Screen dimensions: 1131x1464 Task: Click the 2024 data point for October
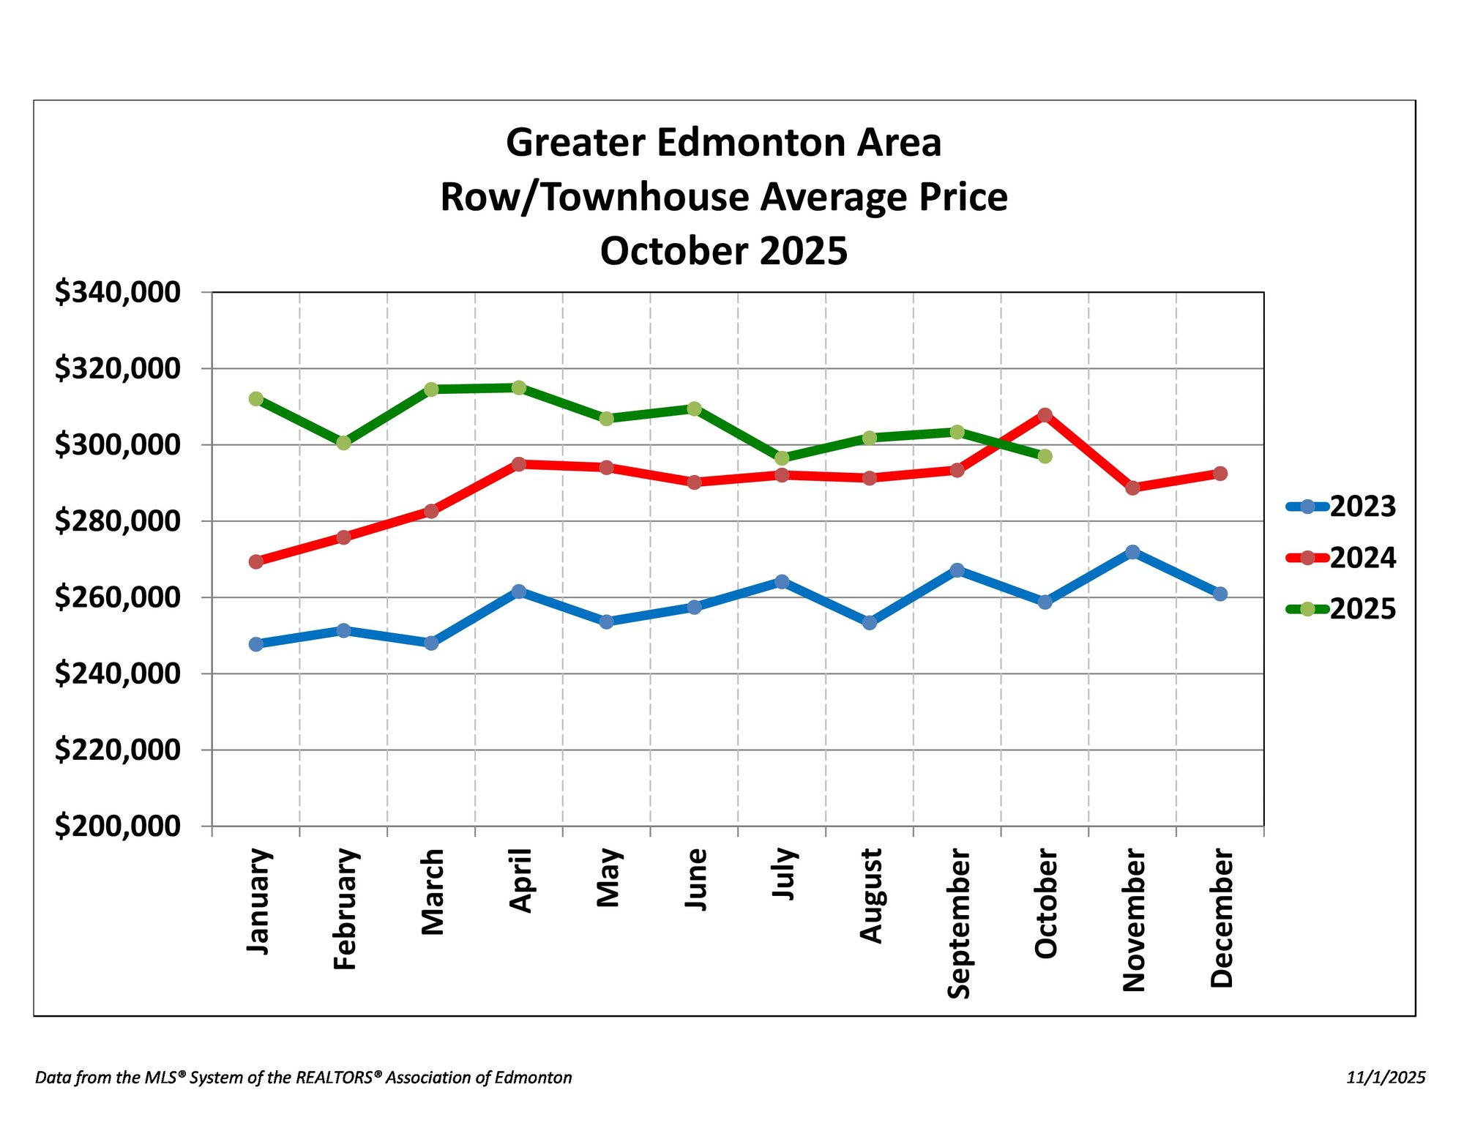pyautogui.click(x=1045, y=415)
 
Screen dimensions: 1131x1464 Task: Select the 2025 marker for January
pyautogui.click(x=256, y=399)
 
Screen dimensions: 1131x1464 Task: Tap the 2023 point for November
pyautogui.click(x=1132, y=552)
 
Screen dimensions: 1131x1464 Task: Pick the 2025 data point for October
pyautogui.click(x=1045, y=456)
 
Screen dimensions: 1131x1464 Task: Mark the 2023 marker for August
pyautogui.click(x=870, y=623)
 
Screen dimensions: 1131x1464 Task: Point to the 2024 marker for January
pyautogui.click(x=256, y=561)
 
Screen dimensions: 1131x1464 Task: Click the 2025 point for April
pyautogui.click(x=519, y=387)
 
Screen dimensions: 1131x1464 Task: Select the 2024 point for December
pyautogui.click(x=1220, y=474)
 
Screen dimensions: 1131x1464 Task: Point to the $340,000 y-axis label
pyautogui.click(x=117, y=292)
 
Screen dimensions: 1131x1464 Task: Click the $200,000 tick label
pyautogui.click(x=117, y=826)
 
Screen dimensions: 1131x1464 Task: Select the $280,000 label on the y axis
pyautogui.click(x=117, y=521)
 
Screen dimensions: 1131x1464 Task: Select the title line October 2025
pyautogui.click(x=724, y=251)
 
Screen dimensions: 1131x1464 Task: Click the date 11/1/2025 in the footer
pyautogui.click(x=1386, y=1078)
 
